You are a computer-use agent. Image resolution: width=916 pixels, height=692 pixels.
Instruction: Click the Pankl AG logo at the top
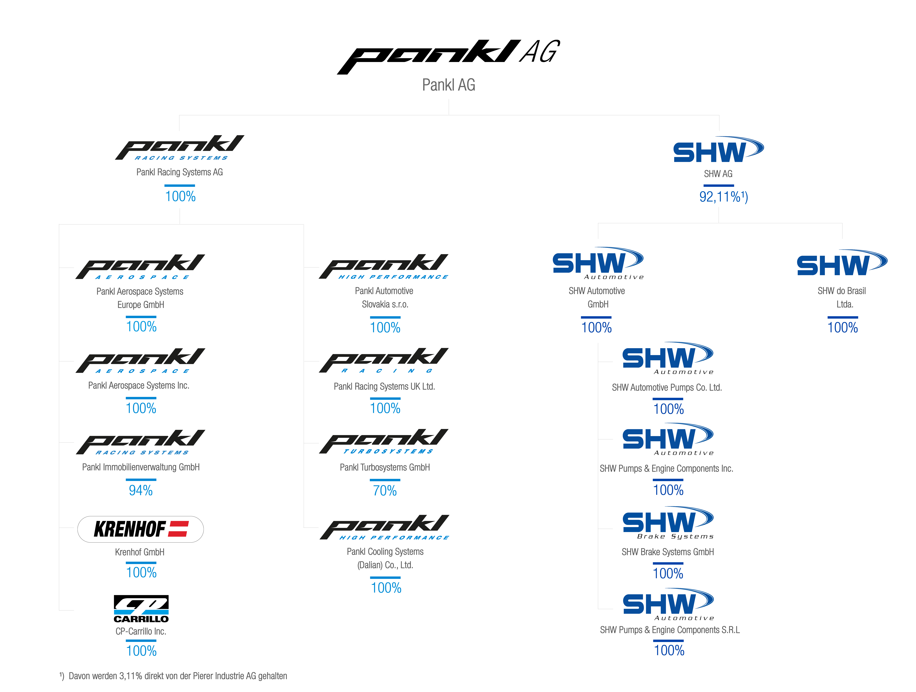[448, 57]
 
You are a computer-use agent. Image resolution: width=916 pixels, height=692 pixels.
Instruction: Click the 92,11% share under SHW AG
[723, 197]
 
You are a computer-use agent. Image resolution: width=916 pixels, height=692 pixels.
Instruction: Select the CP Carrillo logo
[141, 609]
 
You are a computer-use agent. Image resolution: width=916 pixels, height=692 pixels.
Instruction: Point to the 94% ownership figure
[141, 491]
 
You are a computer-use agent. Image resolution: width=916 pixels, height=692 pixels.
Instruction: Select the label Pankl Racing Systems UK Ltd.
[384, 387]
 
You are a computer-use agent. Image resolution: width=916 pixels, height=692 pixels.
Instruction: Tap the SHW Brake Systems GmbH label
[668, 552]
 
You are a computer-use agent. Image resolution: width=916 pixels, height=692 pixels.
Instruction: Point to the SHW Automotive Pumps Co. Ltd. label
[667, 387]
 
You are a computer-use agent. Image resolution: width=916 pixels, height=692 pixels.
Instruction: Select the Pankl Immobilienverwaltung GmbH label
[141, 467]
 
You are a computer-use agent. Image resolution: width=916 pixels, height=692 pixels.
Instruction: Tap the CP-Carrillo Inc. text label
[141, 631]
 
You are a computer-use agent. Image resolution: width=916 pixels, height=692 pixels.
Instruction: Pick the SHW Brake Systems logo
[668, 523]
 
